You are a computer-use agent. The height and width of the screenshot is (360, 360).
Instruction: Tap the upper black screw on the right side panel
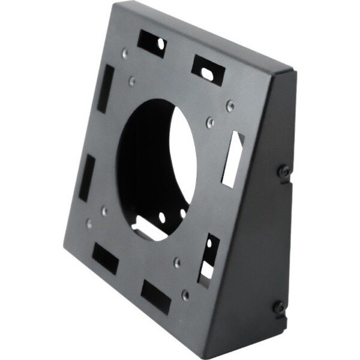click(284, 171)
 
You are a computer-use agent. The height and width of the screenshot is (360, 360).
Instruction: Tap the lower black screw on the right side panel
click(278, 307)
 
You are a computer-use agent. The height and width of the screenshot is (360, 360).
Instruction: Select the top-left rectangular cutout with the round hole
click(151, 44)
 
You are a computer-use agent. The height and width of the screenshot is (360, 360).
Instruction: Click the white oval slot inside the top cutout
click(207, 71)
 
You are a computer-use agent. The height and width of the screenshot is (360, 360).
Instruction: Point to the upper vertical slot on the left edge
click(106, 89)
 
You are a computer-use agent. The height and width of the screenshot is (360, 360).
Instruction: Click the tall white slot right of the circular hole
click(233, 158)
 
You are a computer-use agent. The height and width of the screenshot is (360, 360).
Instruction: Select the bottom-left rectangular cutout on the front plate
click(105, 258)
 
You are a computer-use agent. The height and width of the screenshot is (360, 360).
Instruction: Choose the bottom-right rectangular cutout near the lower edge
click(156, 298)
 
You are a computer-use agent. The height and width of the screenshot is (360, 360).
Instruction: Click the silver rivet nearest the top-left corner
click(125, 54)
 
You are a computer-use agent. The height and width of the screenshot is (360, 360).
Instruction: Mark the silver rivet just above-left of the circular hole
click(132, 81)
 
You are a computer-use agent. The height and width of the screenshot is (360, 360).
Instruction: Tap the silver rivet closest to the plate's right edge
click(230, 106)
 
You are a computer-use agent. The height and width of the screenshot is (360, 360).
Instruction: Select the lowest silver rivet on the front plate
click(185, 295)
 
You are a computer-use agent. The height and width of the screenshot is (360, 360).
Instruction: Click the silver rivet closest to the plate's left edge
click(90, 224)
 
